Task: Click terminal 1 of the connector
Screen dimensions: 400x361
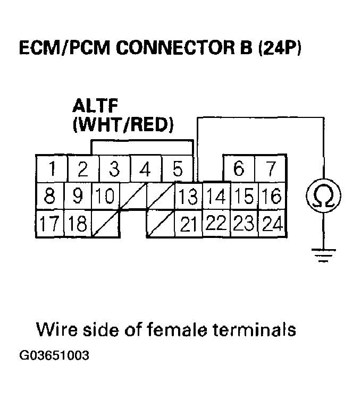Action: point(52,169)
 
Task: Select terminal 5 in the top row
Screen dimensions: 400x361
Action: point(178,169)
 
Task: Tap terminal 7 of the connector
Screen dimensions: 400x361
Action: point(271,169)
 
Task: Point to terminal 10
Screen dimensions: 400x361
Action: point(105,197)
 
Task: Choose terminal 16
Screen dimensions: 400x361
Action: point(272,197)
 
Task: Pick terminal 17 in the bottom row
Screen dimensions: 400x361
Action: point(49,224)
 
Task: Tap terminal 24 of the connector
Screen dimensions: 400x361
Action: point(272,224)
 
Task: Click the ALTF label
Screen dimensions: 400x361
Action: point(95,106)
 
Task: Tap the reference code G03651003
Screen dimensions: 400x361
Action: point(54,355)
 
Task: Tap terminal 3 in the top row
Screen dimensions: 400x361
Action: point(114,169)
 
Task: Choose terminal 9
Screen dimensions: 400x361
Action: point(78,197)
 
